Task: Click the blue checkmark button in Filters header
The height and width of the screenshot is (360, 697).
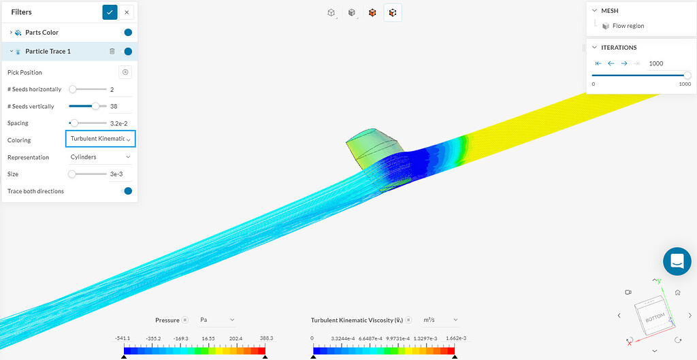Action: [110, 12]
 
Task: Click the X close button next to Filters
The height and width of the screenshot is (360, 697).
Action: [127, 12]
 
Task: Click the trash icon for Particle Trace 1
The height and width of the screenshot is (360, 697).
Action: [112, 51]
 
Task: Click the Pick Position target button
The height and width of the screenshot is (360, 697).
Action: [125, 72]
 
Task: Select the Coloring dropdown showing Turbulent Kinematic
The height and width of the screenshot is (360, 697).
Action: [100, 139]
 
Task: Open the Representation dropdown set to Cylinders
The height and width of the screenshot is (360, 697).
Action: [100, 157]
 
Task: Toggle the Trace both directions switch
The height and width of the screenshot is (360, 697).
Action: [126, 191]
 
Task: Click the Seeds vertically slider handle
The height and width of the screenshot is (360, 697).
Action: [95, 106]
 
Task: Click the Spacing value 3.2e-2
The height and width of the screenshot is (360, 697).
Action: [119, 123]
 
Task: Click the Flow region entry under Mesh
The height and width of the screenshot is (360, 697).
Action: [628, 26]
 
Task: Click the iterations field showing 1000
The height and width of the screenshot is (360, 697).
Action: [667, 63]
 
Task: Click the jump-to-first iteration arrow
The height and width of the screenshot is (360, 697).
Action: [598, 63]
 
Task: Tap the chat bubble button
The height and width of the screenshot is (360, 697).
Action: [677, 261]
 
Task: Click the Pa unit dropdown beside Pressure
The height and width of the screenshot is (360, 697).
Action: [217, 320]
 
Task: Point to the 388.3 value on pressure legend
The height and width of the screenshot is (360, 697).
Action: [265, 338]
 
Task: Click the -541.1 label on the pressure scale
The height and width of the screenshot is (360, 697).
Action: [123, 338]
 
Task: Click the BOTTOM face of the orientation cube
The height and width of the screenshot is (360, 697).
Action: [653, 314]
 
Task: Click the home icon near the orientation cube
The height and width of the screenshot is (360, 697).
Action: [678, 292]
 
